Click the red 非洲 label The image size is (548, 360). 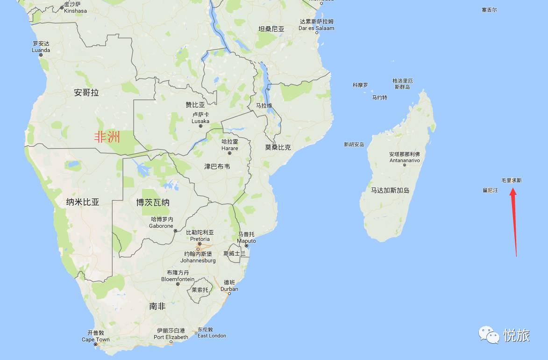pyautogui.click(x=107, y=137)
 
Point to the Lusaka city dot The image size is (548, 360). pyautogui.click(x=201, y=126)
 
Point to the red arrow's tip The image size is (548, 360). pyautogui.click(x=512, y=188)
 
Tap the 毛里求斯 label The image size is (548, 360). pyautogui.click(x=512, y=180)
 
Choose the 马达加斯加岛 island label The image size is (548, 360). pyautogui.click(x=390, y=190)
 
